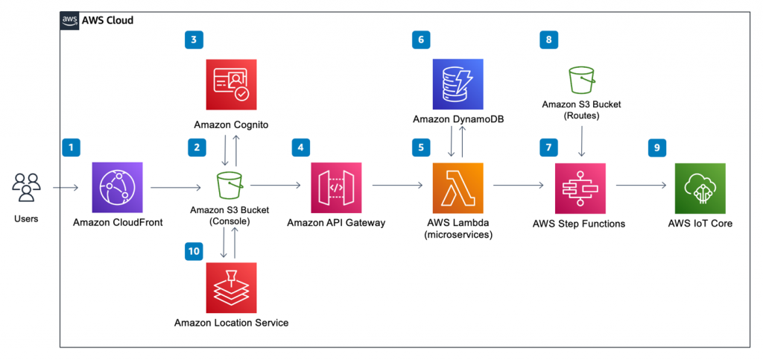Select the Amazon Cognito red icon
click(231, 84)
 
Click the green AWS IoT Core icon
click(700, 189)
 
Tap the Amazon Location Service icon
click(231, 288)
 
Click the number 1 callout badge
click(71, 148)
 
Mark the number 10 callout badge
click(194, 251)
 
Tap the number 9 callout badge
click(656, 148)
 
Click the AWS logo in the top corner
click(69, 21)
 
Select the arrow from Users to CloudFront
click(66, 189)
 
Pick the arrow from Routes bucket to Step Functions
click(581, 142)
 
